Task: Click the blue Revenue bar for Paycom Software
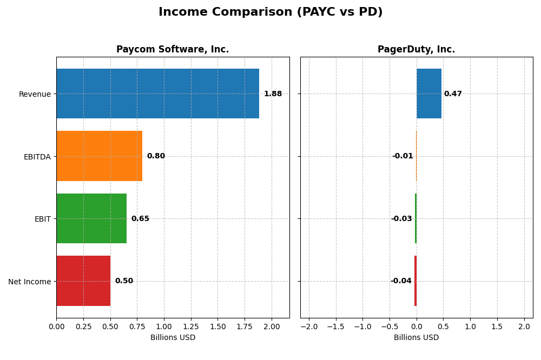coord(157,94)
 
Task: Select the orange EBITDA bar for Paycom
coord(99,156)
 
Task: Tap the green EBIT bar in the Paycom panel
coord(91,218)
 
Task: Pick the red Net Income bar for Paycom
coord(83,281)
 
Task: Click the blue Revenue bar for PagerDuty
coord(429,94)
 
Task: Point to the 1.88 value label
coord(273,94)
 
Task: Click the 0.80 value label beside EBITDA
coord(156,156)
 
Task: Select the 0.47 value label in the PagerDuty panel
coord(453,94)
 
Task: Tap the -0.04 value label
coord(401,281)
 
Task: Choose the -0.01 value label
coord(403,156)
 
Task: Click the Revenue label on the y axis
coord(35,94)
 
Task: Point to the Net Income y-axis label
coord(29,281)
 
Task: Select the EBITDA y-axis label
coord(37,157)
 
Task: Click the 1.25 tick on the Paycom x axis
coord(191,326)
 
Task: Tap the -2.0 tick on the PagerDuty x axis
coord(309,326)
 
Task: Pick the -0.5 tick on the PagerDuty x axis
coord(390,326)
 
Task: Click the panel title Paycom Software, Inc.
coord(173,50)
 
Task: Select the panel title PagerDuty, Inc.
coord(416,50)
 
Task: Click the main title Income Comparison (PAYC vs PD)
coord(270,12)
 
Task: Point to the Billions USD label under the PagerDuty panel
coord(416,337)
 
